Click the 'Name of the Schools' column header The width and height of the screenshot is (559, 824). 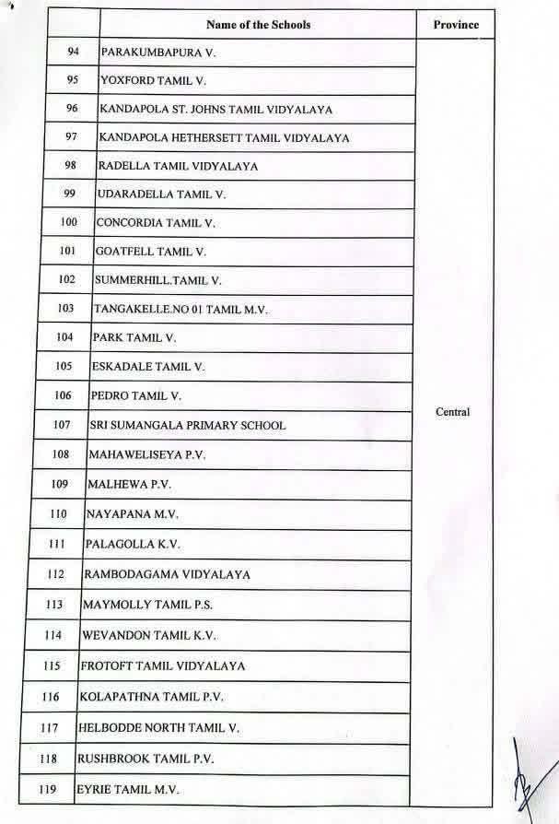[259, 24]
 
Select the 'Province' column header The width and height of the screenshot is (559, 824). [456, 24]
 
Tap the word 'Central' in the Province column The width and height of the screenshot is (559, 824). [452, 412]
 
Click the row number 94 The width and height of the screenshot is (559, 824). [74, 52]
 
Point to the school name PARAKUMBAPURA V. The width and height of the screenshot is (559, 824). [157, 53]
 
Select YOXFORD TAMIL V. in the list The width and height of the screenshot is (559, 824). [153, 81]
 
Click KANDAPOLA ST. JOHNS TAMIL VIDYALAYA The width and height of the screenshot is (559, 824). [215, 110]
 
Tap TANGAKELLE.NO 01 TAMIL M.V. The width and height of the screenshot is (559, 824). [181, 310]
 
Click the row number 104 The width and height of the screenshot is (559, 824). [64, 337]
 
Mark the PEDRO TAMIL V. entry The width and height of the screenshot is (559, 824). [136, 396]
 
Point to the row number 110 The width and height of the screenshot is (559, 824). [58, 513]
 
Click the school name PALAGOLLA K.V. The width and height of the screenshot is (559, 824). [133, 544]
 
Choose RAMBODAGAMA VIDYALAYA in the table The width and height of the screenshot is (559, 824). [167, 574]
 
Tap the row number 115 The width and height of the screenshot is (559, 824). [52, 665]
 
